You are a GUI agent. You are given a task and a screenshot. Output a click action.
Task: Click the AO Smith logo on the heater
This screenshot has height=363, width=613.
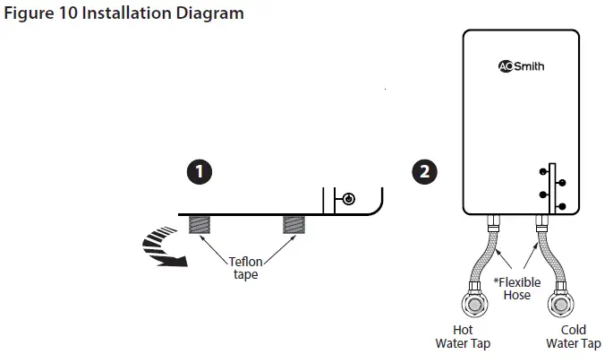click(x=520, y=66)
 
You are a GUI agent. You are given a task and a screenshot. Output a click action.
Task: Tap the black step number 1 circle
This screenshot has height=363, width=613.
click(x=205, y=171)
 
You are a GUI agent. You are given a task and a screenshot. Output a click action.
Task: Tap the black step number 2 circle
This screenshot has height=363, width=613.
click(x=426, y=171)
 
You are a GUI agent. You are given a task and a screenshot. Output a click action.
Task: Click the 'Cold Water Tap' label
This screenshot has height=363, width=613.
click(x=573, y=337)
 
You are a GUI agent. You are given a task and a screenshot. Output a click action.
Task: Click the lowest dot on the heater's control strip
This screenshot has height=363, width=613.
click(x=561, y=207)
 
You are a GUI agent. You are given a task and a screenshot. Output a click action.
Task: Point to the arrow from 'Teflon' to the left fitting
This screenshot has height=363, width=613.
click(x=215, y=247)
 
